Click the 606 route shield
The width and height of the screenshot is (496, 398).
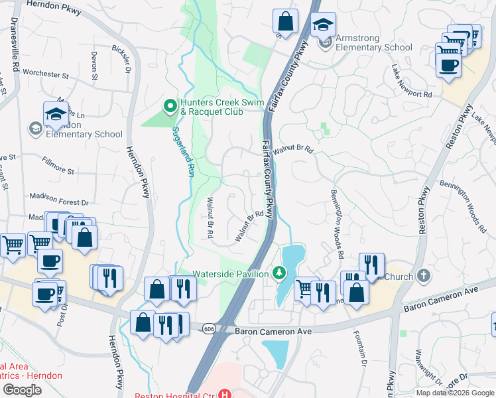point(210,329)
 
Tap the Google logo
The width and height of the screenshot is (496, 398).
point(22,390)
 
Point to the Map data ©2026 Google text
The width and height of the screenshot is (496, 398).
point(455,392)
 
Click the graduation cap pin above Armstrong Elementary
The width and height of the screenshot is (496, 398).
point(323,25)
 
